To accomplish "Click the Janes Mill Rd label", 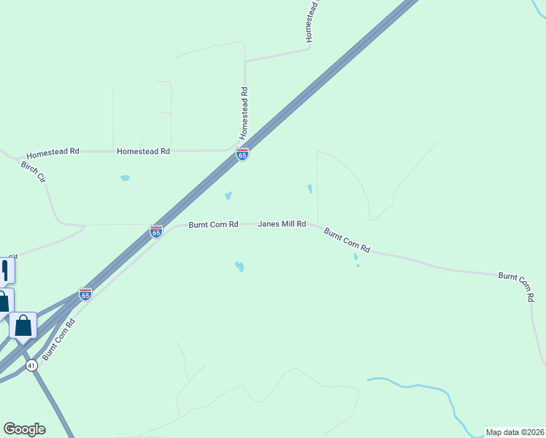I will (x=282, y=224).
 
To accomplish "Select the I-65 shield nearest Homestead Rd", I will (x=242, y=155).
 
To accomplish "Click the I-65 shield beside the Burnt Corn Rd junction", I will (x=156, y=231).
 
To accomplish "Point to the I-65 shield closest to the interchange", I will (x=85, y=294).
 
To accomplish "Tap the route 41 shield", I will (x=31, y=366).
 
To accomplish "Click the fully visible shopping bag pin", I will (x=23, y=326).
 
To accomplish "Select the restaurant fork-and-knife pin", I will (x=6, y=270).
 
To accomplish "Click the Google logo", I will (x=24, y=429).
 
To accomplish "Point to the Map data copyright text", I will (x=515, y=432).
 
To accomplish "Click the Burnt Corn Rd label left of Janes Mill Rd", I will (x=213, y=224).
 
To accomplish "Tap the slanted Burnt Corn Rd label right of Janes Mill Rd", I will (x=347, y=240).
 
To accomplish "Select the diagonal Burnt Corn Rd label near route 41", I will (x=58, y=339).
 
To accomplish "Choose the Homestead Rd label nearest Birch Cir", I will (x=53, y=155).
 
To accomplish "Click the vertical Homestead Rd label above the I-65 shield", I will (x=245, y=113).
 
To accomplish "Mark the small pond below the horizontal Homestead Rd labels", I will (x=125, y=177).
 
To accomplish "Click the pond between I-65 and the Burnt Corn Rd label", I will (x=228, y=196).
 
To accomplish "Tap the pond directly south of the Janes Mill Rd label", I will (x=239, y=266).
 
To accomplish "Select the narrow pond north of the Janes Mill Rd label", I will (x=309, y=188).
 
